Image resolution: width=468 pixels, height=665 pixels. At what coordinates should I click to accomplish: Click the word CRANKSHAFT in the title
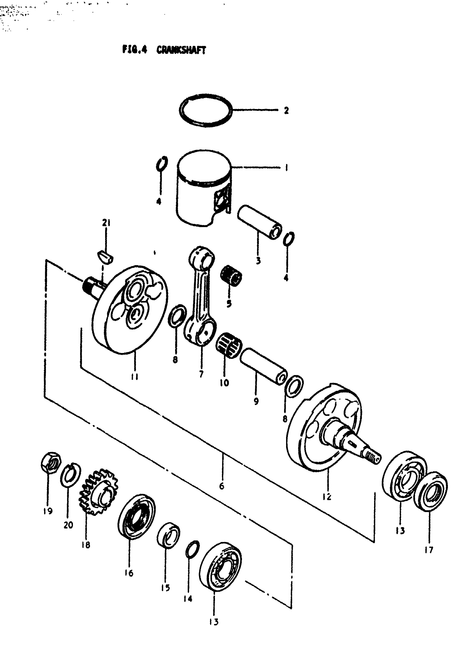[x=181, y=50]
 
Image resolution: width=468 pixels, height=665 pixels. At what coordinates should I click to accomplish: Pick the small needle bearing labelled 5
[x=231, y=275]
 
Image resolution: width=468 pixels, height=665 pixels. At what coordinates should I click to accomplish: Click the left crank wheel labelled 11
[x=130, y=310]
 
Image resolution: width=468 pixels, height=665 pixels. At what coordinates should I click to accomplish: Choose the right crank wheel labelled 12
[x=324, y=429]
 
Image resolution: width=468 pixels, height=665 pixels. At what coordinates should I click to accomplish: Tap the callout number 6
[x=222, y=486]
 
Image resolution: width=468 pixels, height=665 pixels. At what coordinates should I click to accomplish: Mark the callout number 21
[x=106, y=223]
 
